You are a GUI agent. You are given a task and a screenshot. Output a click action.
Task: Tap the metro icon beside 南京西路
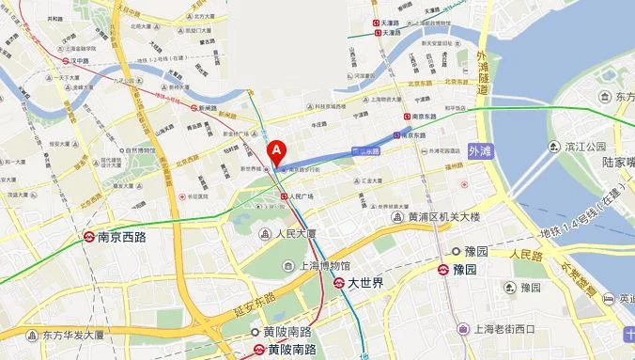(x=89, y=238)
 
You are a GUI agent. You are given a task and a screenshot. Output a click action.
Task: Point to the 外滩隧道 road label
(x=484, y=76)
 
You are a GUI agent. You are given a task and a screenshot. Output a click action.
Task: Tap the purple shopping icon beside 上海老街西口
(x=462, y=329)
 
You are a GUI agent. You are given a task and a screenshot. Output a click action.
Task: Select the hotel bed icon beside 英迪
(x=610, y=299)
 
